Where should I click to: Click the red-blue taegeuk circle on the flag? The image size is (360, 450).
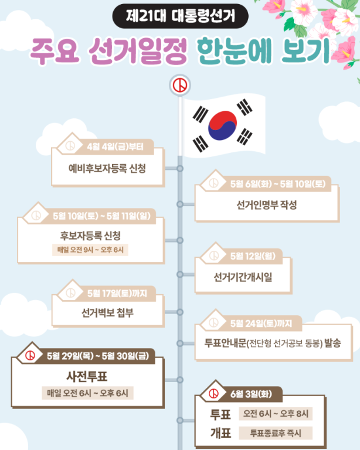pos(222,125)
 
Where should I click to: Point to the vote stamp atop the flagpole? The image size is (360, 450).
pos(180,86)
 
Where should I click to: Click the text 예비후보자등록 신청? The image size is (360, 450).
pos(107,168)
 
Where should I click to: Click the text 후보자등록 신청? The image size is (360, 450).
pos(90,236)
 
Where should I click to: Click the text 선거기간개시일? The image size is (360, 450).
pos(243,277)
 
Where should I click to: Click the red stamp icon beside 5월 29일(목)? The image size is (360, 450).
pos(29,355)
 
